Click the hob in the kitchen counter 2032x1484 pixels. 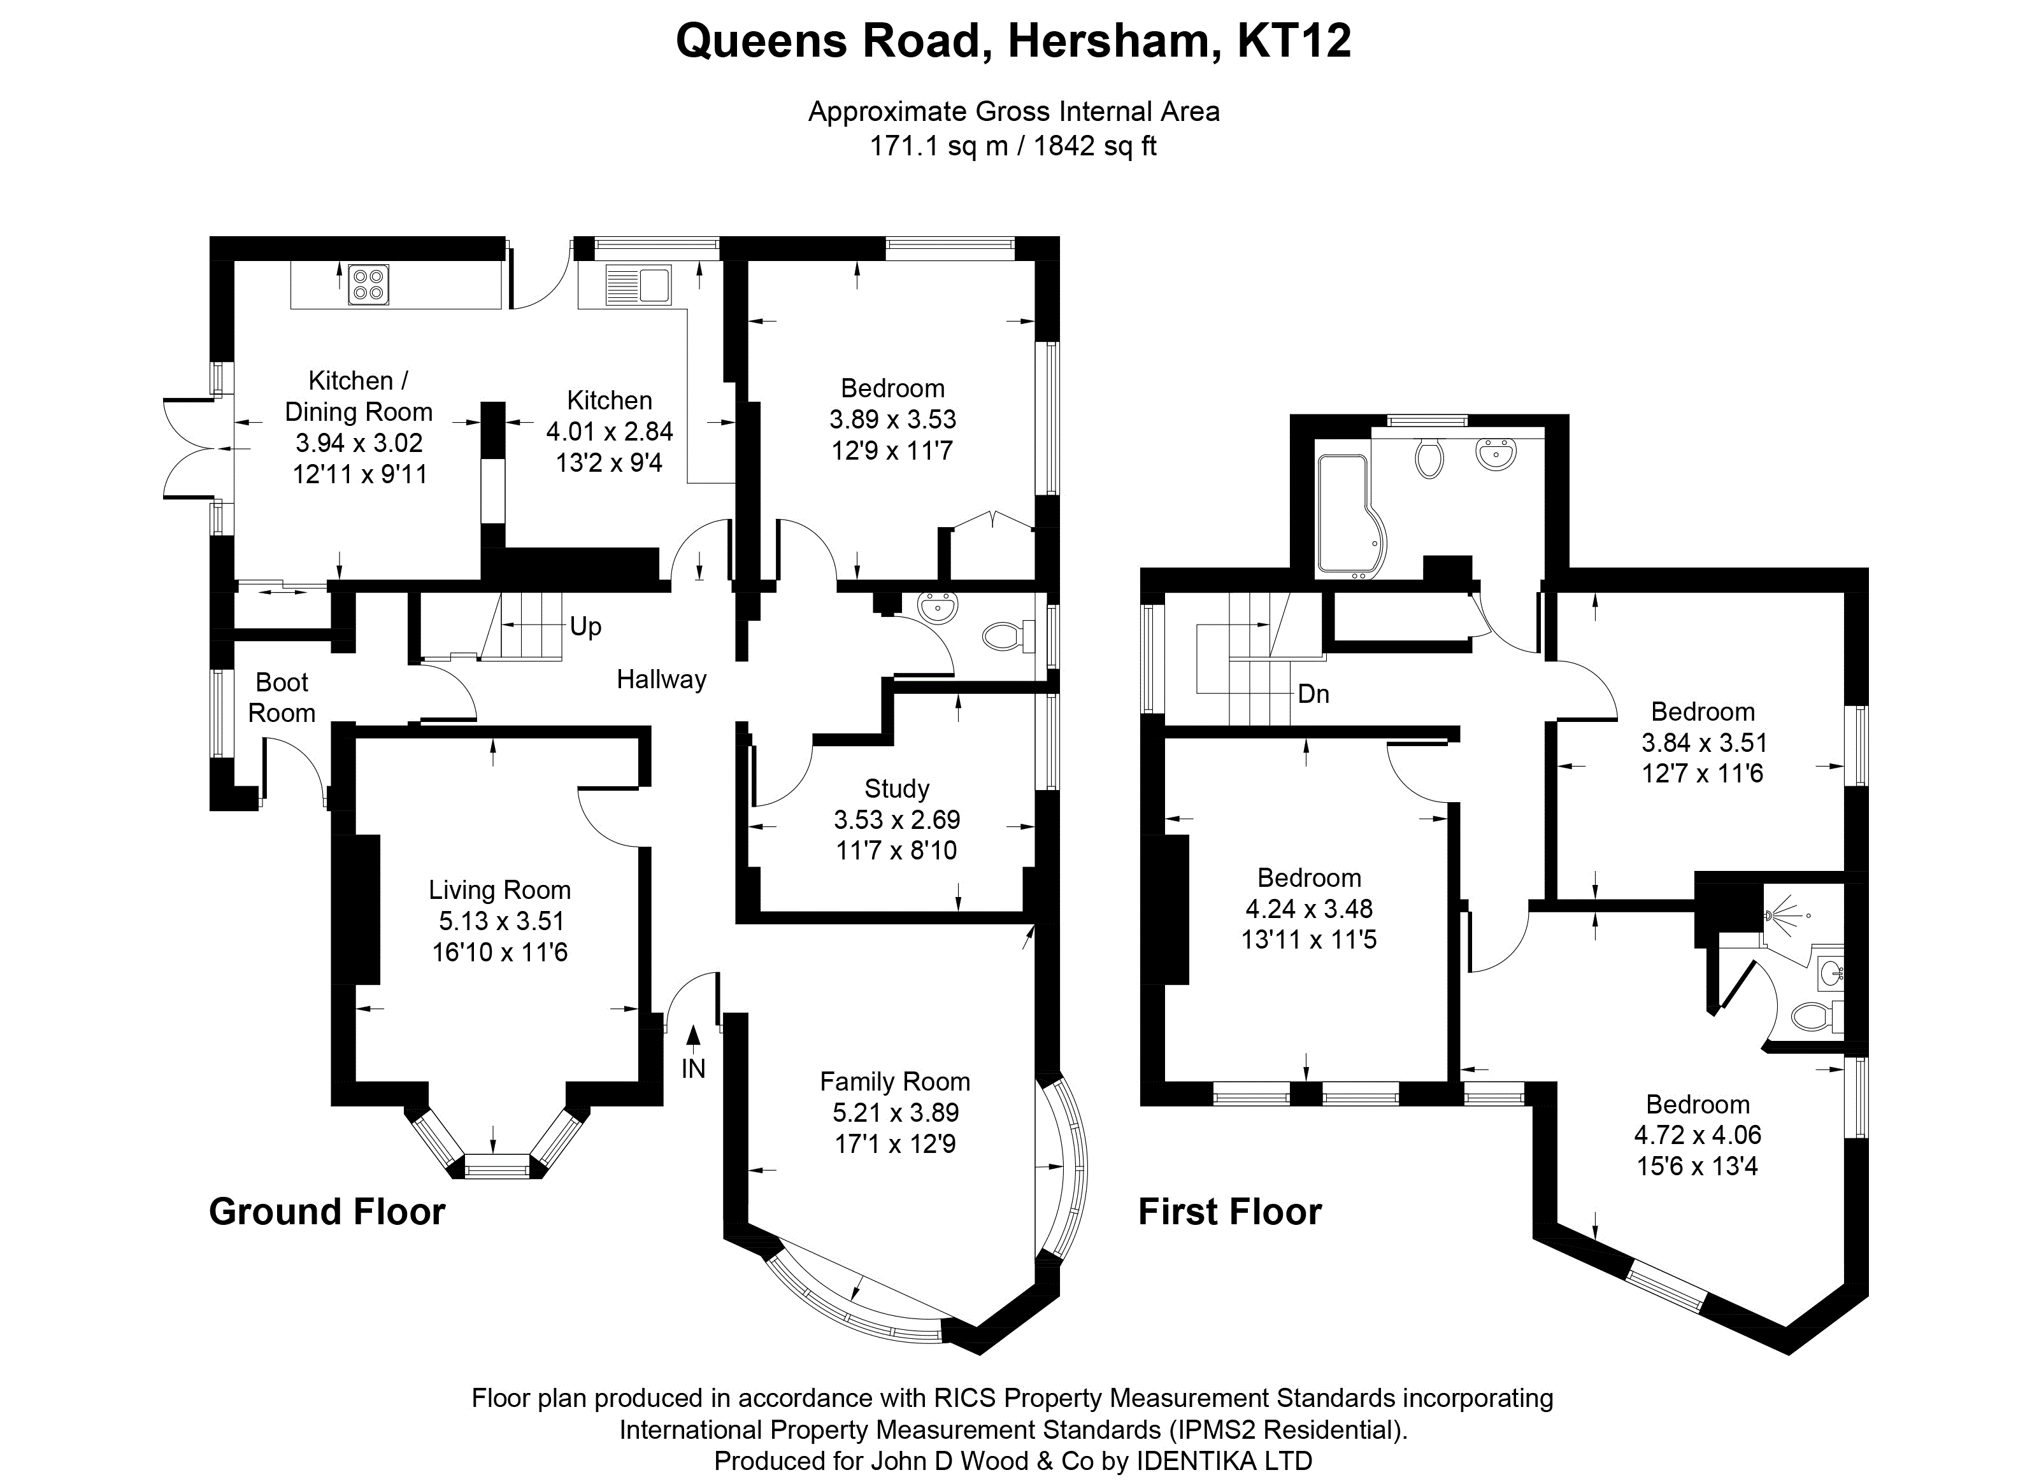coord(368,285)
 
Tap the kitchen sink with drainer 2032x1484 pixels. coord(638,285)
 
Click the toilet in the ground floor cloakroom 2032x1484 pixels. coord(1005,637)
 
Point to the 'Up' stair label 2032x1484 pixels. coord(585,626)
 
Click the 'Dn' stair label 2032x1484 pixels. coord(1313,693)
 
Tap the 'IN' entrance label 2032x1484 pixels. coord(693,1068)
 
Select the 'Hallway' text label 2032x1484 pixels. coord(661,679)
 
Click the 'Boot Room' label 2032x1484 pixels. coord(282,698)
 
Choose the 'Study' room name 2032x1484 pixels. coord(896,789)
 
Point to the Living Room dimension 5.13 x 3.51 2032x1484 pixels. coord(501,921)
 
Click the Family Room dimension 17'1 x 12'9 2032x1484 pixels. coord(894,1143)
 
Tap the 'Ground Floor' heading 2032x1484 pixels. coord(327,1212)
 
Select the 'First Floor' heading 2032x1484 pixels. coord(1229,1212)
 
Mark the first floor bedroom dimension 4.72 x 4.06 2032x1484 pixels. coord(1697,1134)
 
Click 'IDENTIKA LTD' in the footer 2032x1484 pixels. coord(1224,1460)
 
